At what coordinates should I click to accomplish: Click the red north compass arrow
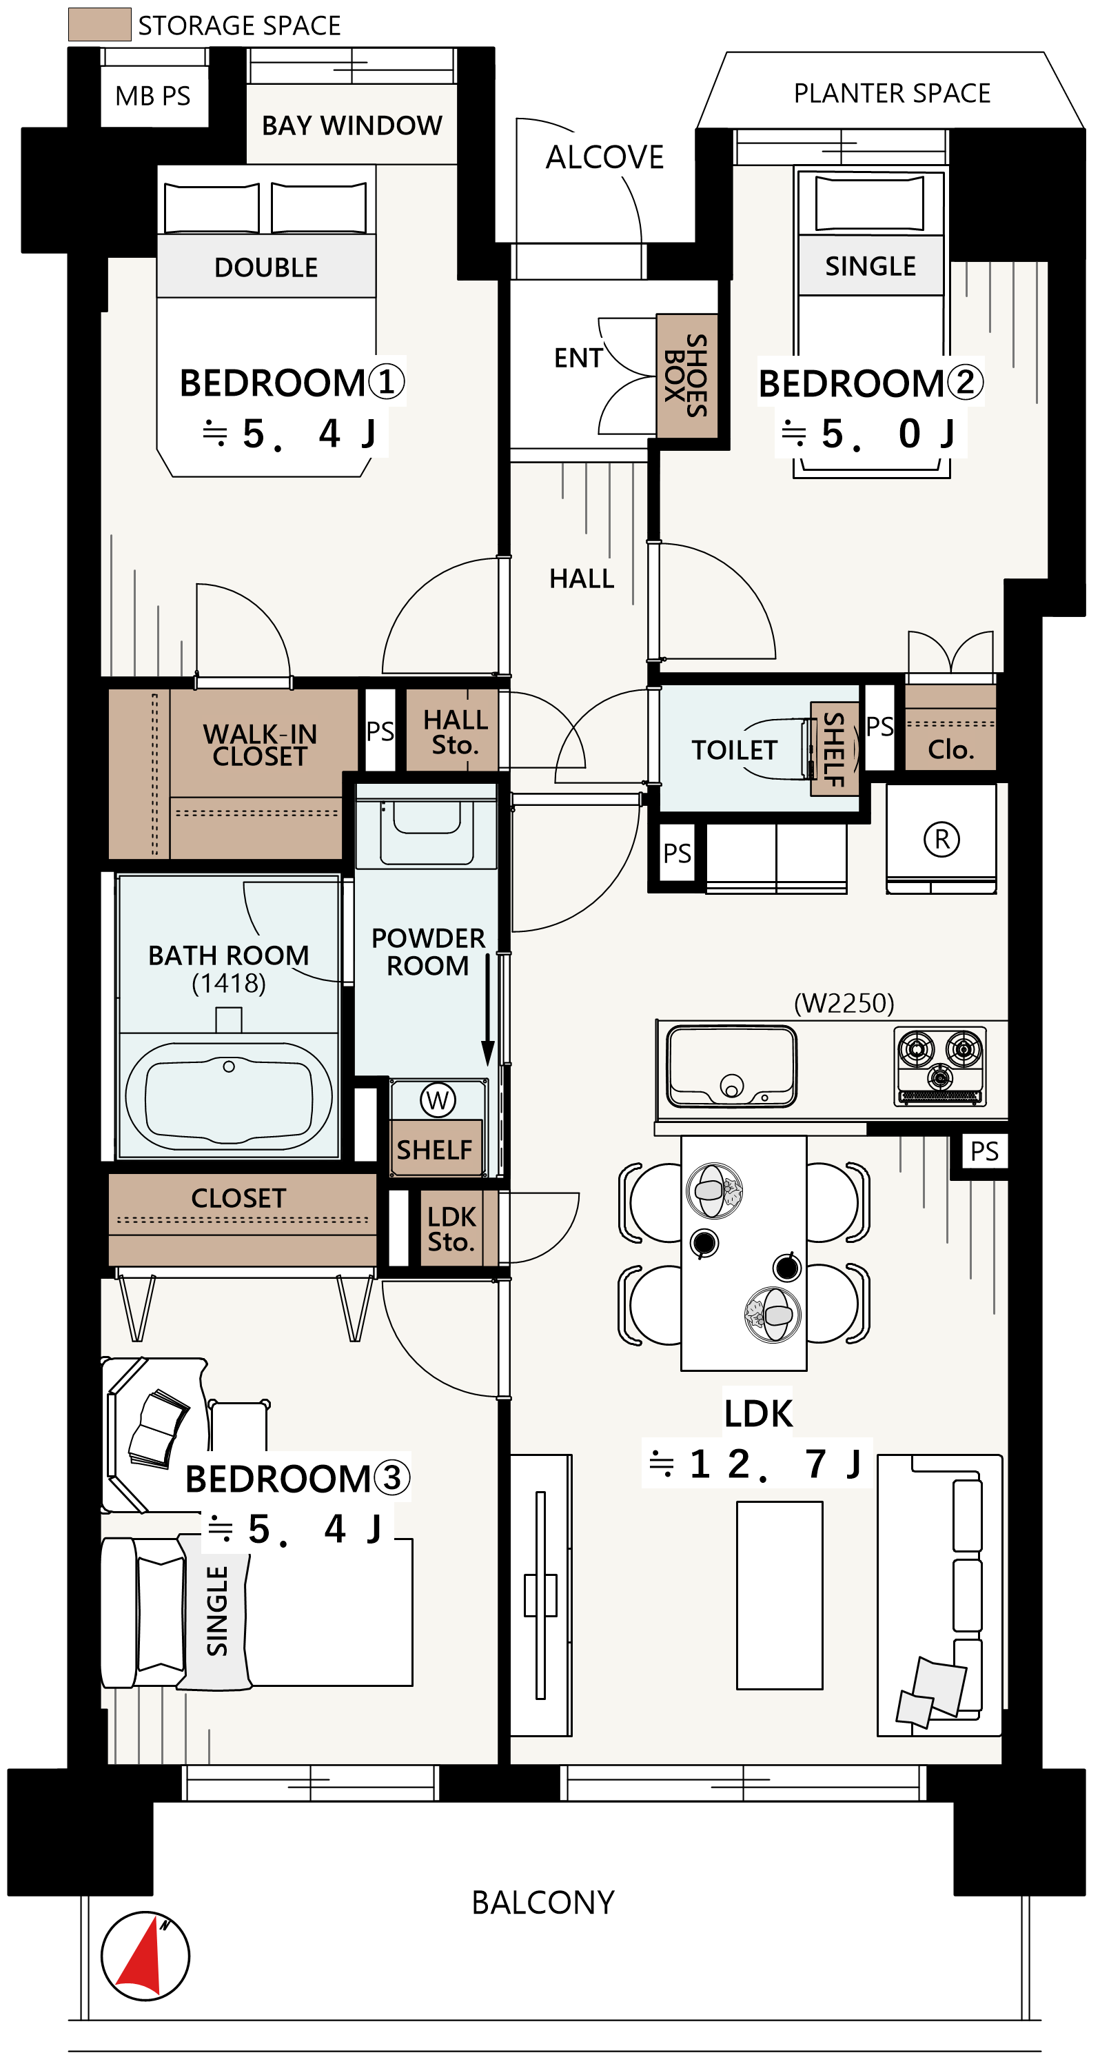[x=144, y=1956]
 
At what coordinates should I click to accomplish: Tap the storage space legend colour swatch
[x=99, y=24]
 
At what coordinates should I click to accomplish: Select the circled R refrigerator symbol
[x=941, y=839]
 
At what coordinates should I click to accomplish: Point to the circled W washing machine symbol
[x=438, y=1100]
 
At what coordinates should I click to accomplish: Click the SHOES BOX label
[x=686, y=376]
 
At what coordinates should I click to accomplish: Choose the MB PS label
[x=153, y=96]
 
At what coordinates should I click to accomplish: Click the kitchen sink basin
[x=731, y=1066]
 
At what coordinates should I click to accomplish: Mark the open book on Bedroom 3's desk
[x=159, y=1430]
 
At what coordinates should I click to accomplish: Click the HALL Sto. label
[x=455, y=732]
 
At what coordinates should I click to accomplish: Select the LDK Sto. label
[x=452, y=1230]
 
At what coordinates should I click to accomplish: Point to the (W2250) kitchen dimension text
[x=844, y=1003]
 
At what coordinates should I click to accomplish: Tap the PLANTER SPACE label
[x=892, y=93]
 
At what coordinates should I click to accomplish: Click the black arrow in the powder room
[x=487, y=1009]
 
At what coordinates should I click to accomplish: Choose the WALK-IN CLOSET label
[x=260, y=745]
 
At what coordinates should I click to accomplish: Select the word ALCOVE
[x=605, y=157]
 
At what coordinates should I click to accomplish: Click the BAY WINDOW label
[x=352, y=125]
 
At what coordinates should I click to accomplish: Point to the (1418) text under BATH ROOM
[x=228, y=983]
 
